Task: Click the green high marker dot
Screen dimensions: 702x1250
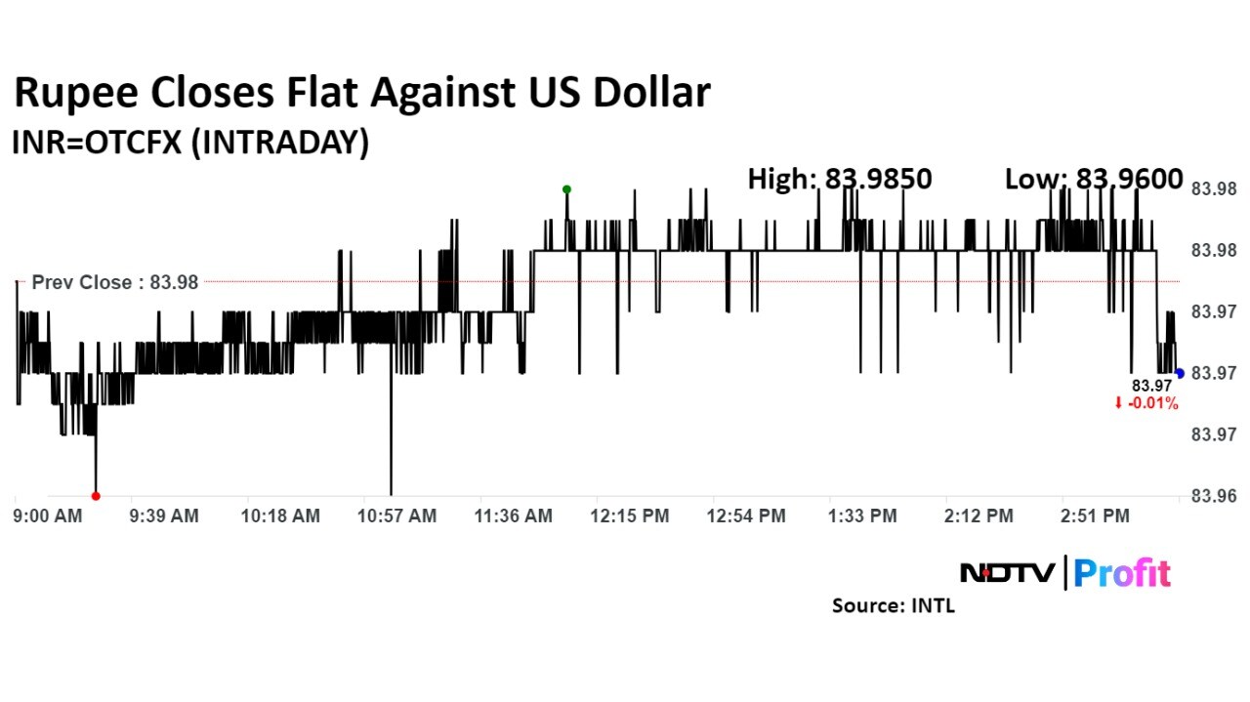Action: tap(566, 189)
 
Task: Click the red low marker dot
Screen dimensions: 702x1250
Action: tap(96, 496)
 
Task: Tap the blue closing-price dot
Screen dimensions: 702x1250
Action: tap(1180, 373)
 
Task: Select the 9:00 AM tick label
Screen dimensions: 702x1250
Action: tap(48, 516)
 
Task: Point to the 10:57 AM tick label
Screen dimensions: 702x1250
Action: tap(397, 516)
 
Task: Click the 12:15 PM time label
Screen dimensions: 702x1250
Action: tap(630, 516)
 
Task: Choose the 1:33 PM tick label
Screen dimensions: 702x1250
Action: tap(862, 516)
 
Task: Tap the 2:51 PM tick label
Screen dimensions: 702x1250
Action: tap(1095, 516)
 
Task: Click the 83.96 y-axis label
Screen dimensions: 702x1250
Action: tap(1214, 496)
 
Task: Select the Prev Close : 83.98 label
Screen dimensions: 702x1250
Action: tap(115, 282)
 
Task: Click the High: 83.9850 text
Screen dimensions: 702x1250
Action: tap(840, 179)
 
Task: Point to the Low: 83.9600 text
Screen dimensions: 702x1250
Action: tap(1094, 179)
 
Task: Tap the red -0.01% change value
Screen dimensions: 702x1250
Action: tap(1151, 403)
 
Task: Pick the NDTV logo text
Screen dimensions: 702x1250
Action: tap(1009, 573)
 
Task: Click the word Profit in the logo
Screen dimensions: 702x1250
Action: tap(1122, 573)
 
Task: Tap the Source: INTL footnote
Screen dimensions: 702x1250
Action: tap(893, 605)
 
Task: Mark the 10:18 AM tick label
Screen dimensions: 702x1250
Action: tap(281, 516)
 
